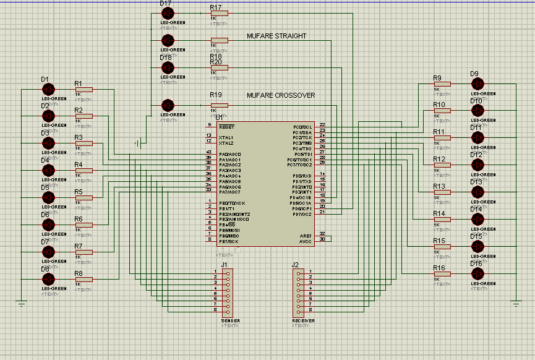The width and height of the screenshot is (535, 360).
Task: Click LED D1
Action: tap(49, 89)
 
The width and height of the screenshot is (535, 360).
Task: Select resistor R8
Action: tap(83, 280)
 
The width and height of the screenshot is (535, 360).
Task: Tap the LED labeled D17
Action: tap(167, 13)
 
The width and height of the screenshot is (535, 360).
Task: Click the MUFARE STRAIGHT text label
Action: tap(276, 36)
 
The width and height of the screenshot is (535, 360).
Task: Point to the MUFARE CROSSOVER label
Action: tap(281, 95)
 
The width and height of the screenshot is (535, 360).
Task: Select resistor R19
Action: tap(219, 105)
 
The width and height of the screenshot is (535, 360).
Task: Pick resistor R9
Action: tap(442, 83)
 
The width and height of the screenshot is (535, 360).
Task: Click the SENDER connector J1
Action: tap(227, 291)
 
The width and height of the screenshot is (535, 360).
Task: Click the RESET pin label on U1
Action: tap(226, 126)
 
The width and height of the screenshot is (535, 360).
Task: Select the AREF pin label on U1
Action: tap(305, 236)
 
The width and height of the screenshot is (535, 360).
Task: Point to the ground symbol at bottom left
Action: tap(22, 303)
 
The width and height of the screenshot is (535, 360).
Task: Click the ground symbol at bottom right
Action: tap(516, 303)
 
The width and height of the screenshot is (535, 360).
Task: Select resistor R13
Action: tap(442, 192)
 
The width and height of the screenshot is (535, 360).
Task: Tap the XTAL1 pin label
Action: tap(226, 137)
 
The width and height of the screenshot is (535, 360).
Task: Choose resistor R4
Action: tap(83, 171)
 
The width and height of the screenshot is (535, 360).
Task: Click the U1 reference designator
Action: tap(219, 117)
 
